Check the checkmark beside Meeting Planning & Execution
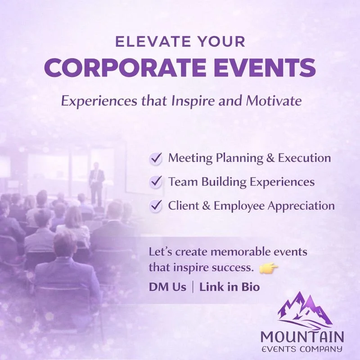click(156, 158)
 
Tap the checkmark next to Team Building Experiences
click(156, 182)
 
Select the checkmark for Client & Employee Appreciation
click(156, 206)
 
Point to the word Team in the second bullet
click(180, 182)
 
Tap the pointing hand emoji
click(269, 269)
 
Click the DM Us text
click(167, 287)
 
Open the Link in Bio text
click(229, 287)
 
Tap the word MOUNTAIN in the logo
click(302, 336)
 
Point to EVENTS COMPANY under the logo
click(302, 349)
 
